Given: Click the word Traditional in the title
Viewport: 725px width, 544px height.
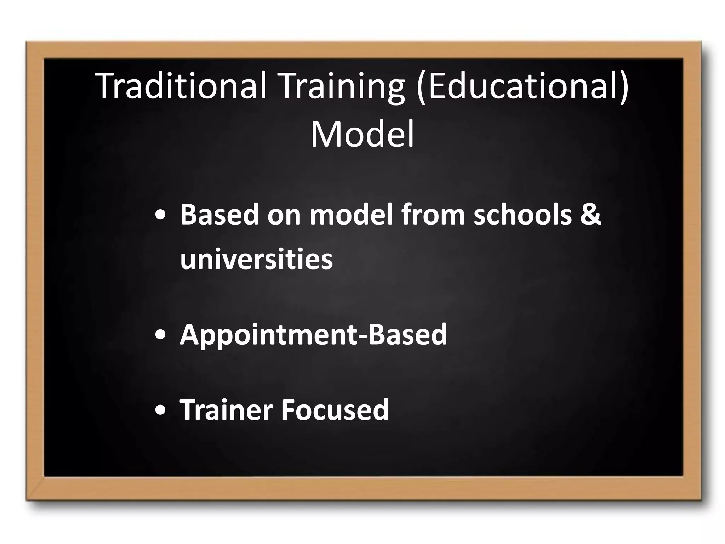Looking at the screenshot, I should (x=180, y=86).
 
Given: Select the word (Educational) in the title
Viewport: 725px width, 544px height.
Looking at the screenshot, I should (x=522, y=86).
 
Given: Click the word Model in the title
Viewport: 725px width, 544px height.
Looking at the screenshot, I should (x=362, y=135).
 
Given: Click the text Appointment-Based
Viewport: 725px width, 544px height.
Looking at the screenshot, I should (x=314, y=335).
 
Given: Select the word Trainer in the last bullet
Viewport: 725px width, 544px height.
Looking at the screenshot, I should (x=226, y=410).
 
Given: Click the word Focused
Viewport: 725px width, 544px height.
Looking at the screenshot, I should (x=335, y=410).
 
